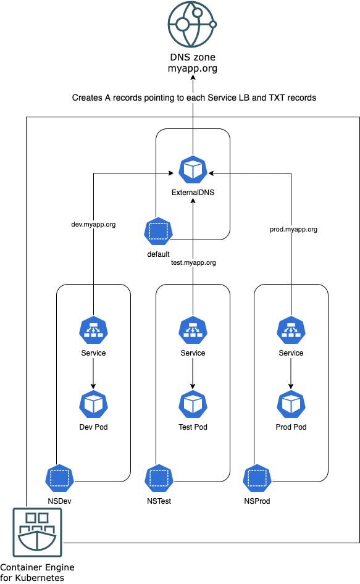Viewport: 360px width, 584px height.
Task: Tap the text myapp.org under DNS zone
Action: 193,69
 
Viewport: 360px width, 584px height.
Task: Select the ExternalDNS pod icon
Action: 193,170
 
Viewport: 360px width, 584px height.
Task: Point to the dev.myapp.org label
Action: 94,225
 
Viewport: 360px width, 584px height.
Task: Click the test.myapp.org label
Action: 193,262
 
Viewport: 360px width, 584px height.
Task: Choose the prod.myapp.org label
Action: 294,229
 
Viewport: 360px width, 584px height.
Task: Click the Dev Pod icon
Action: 94,404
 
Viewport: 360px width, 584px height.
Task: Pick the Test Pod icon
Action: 193,404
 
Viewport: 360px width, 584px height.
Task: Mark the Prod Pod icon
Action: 291,404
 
